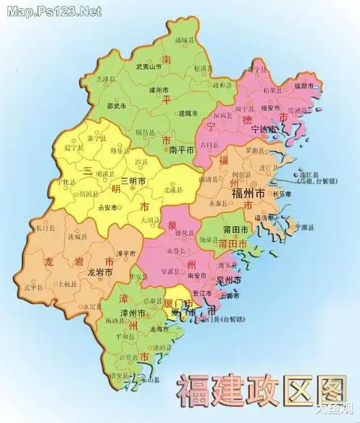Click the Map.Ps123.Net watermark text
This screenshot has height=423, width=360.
[x=51, y=12]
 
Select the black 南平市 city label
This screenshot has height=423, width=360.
[x=181, y=150]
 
